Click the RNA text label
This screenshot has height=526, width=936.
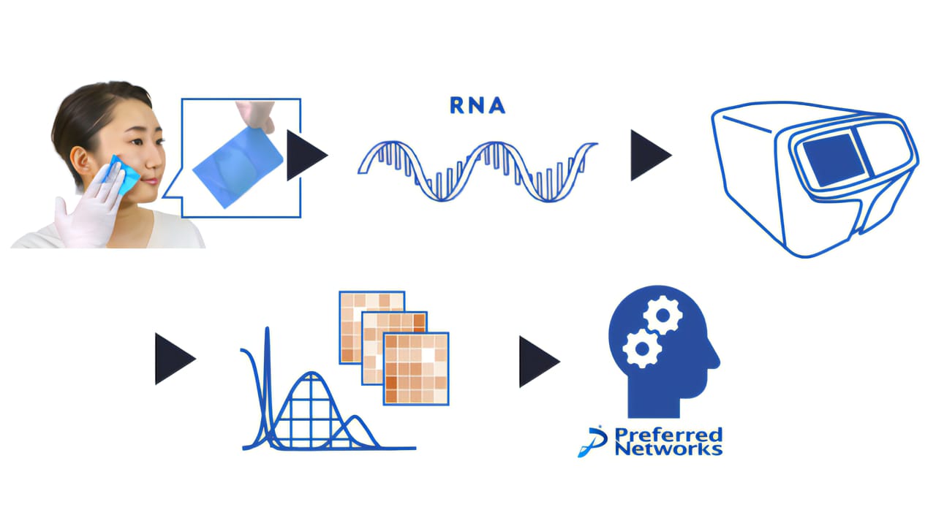478,106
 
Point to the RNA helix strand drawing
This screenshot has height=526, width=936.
478,172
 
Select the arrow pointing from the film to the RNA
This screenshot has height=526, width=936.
306,156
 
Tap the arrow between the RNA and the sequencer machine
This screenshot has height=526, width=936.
651,156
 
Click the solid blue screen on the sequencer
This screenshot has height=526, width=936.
834,160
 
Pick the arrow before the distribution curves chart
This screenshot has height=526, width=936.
175,359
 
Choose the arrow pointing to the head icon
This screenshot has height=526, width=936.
540,362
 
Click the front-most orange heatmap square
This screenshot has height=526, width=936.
416,369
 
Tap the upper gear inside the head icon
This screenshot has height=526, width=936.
663,316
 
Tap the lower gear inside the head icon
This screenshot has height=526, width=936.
642,348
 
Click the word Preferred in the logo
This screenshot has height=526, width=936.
668,435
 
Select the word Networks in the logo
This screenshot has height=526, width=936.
668,449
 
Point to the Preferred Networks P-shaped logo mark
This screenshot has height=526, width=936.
593,442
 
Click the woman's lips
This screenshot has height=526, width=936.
151,181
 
